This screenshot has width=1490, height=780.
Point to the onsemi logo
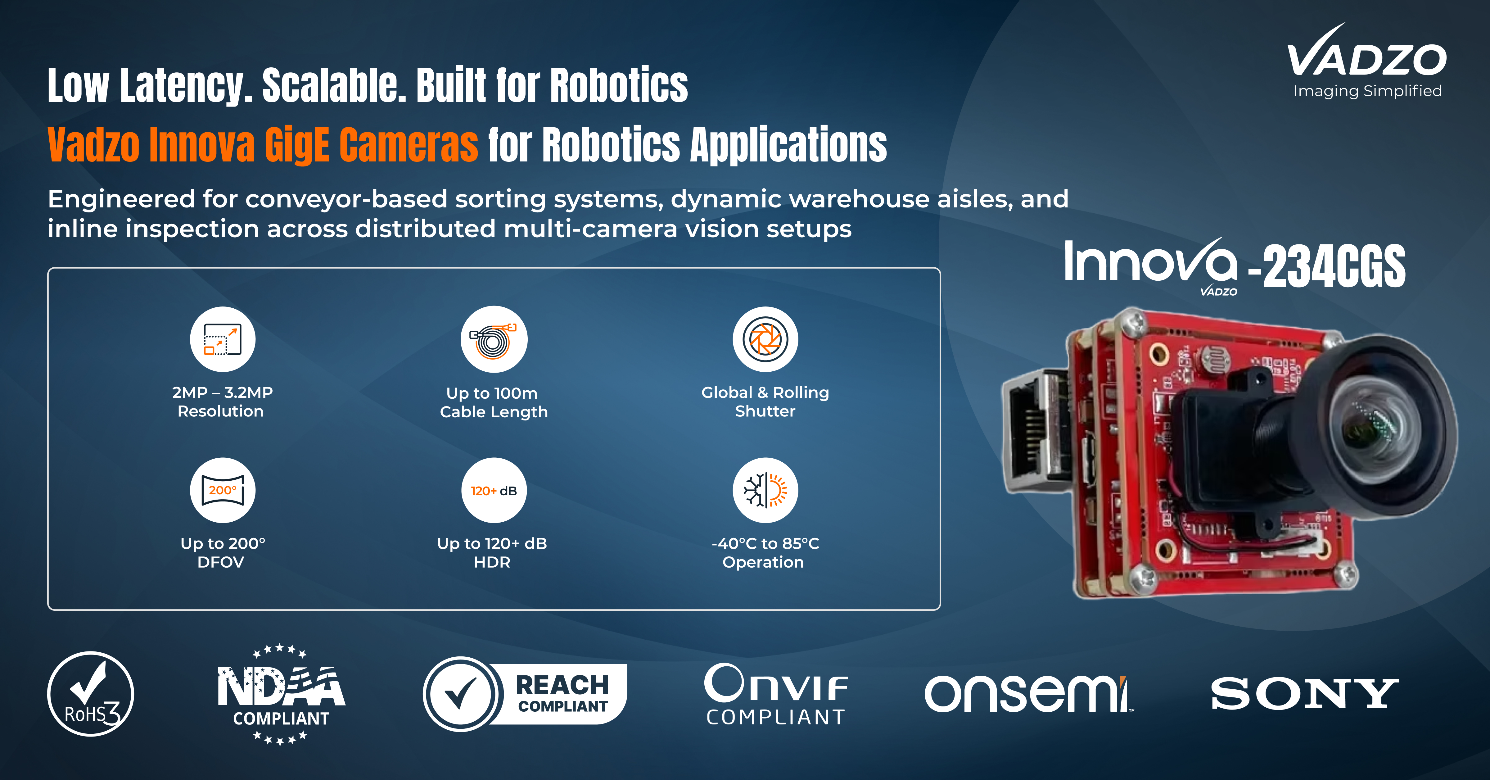pos(1028,694)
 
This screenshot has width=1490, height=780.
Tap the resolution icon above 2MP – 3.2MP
pos(223,339)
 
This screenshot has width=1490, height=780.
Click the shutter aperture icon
pos(765,339)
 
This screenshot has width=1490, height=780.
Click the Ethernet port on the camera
pos(1035,431)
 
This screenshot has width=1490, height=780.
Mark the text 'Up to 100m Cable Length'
pos(493,402)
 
